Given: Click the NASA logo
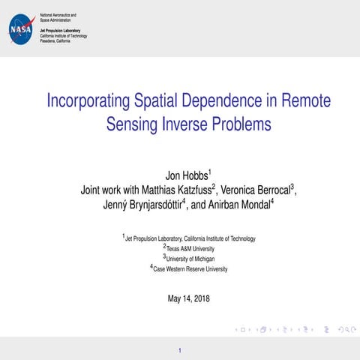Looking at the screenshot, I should click(20, 29).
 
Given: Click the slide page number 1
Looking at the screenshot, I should click(180, 349).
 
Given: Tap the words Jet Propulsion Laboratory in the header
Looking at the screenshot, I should click(61, 30).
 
